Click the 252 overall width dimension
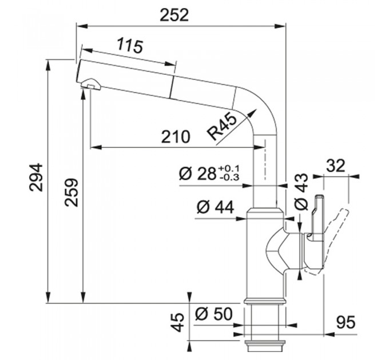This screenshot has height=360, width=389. click(x=174, y=15)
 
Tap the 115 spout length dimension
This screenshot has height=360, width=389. click(x=130, y=45)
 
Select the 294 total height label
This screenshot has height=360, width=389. click(x=36, y=177)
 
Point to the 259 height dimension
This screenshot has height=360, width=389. click(x=72, y=192)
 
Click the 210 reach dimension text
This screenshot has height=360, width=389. click(x=176, y=137)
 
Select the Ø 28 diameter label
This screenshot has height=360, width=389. click(x=197, y=174)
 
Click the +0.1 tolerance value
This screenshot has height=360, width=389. click(x=229, y=169)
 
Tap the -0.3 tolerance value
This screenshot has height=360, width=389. click(x=229, y=177)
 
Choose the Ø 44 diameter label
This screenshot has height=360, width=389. click(x=215, y=207)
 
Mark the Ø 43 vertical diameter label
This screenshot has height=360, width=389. click(x=301, y=191)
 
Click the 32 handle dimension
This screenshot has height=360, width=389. click(x=336, y=166)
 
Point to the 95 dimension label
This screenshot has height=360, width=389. click(x=346, y=323)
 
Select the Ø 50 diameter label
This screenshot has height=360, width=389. click(x=213, y=314)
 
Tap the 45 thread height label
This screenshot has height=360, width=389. click(x=178, y=322)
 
